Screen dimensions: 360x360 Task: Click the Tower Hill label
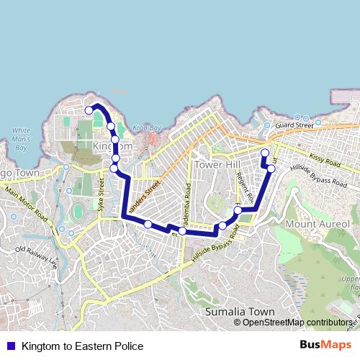[x=217, y=164]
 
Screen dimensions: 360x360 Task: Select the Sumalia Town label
[x=240, y=312]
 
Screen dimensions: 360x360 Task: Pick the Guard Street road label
[x=294, y=125]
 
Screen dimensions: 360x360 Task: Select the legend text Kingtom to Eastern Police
[x=82, y=346]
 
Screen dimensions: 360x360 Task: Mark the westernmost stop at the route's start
[x=89, y=110]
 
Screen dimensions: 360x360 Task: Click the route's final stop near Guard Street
[x=264, y=153]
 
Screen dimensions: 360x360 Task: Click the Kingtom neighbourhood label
[x=113, y=146]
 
